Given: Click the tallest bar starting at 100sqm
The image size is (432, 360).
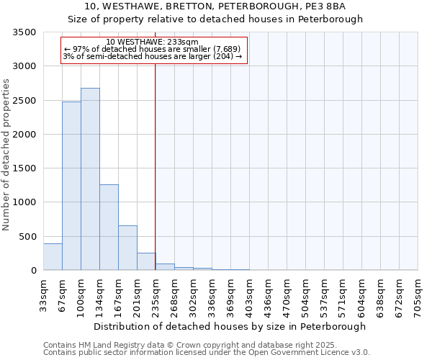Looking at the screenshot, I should point(90,179).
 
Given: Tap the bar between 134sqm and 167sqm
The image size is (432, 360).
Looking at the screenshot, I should point(109,228).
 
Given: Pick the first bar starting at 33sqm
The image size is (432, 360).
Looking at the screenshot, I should point(53,257).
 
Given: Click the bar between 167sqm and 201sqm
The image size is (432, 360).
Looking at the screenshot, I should point(127,248).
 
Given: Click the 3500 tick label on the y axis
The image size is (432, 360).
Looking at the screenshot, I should point(24,32).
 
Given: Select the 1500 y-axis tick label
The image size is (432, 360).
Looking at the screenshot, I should point(24,168).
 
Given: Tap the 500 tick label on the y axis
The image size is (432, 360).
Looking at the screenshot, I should point(27,237).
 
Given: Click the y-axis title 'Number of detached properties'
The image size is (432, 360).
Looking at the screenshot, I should point(7,155).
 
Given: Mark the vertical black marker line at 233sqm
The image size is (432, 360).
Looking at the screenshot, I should point(155,166).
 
